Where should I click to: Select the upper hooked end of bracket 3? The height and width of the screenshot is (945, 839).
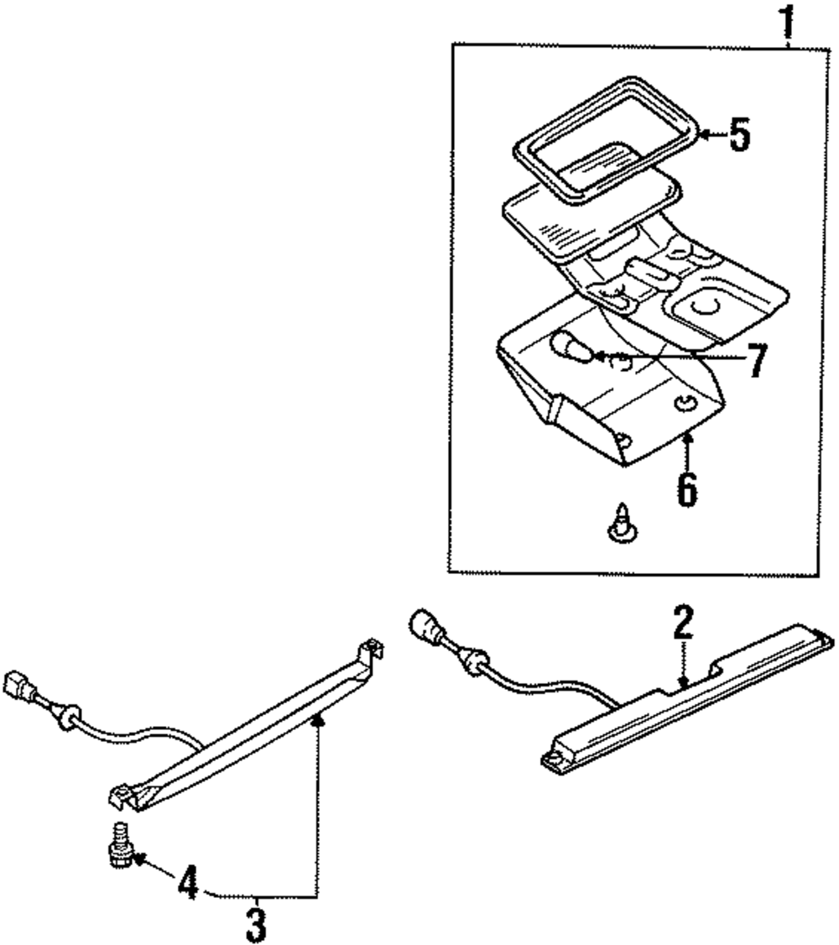(x=372, y=651)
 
